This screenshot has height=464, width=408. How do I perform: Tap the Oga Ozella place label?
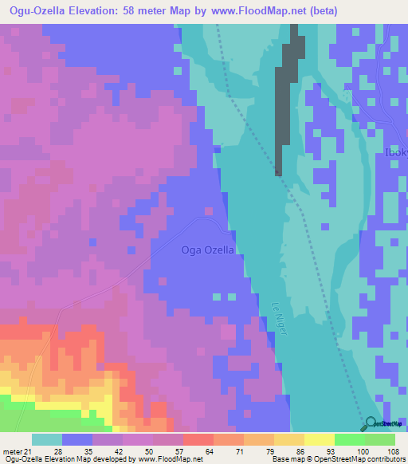208,250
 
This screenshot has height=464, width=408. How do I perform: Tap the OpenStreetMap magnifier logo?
371,423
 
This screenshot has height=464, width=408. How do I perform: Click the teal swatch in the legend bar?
47,439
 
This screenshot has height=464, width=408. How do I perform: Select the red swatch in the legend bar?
198,439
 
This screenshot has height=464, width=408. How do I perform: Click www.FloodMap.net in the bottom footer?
171,459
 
